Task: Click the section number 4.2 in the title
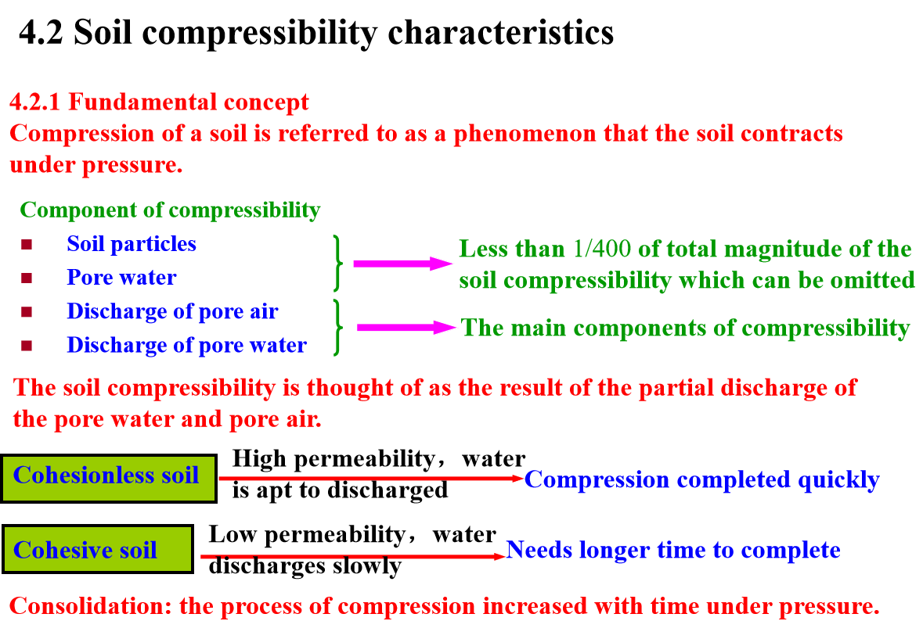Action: [x=41, y=32]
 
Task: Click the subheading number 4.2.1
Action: [x=34, y=102]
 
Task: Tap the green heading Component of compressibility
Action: [x=170, y=210]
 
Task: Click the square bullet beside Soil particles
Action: [x=27, y=244]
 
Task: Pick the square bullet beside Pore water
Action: [x=27, y=278]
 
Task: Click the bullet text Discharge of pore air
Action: [x=172, y=311]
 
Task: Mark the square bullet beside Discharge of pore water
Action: [x=27, y=345]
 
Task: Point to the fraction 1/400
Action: [x=601, y=249]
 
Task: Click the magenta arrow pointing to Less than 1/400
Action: [x=402, y=264]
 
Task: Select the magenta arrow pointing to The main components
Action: [x=406, y=328]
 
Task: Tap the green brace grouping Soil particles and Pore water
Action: [x=337, y=263]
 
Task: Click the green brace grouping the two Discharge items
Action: [x=337, y=328]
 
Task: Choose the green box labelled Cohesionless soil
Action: [x=108, y=478]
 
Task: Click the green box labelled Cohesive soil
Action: [x=98, y=549]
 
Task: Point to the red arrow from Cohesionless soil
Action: [x=371, y=479]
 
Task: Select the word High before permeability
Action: [x=260, y=459]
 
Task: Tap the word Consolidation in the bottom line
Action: [x=91, y=605]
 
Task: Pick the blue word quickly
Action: [x=838, y=480]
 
